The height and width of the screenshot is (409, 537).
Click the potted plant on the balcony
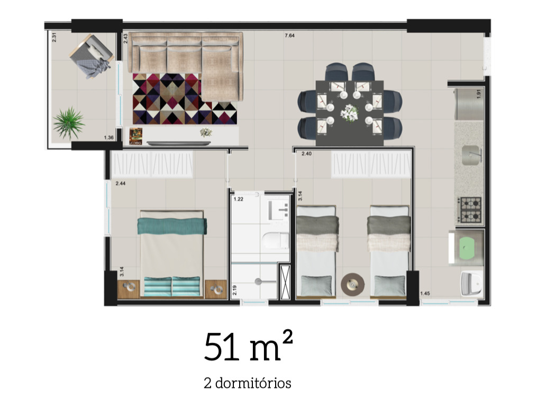click(68, 123)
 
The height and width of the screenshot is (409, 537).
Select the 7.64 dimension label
click(289, 36)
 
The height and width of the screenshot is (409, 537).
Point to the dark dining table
click(350, 113)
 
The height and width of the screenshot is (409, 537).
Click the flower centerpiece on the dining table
click(350, 112)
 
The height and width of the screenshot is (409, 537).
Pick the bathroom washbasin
click(277, 211)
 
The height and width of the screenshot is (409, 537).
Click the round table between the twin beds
click(352, 284)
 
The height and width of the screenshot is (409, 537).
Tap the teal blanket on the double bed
click(172, 226)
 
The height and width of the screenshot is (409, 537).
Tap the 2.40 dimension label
click(307, 154)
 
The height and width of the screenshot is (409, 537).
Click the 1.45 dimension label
click(425, 294)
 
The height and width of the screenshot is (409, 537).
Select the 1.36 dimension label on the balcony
click(109, 138)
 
